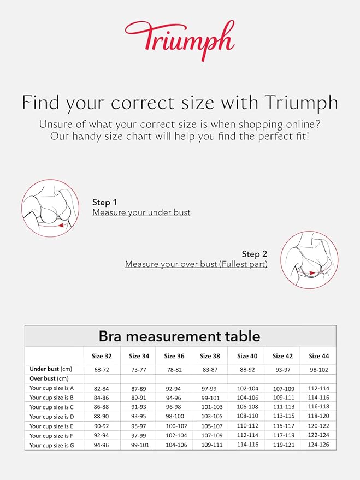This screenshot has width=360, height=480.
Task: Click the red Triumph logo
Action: pos(179,39)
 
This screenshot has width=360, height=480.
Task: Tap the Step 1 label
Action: pos(105,202)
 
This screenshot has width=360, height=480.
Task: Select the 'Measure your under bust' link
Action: pos(141,212)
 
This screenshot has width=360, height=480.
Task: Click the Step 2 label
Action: pos(255,254)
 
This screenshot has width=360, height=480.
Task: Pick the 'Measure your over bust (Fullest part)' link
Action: pos(196,264)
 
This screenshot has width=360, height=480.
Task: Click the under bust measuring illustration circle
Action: pos(50,208)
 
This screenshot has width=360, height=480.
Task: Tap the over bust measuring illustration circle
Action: pos(309,260)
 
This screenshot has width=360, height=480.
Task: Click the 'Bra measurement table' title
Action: pos(179,336)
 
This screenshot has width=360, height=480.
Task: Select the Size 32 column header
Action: pos(102,356)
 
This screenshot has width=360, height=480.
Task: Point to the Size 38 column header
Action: pos(210,356)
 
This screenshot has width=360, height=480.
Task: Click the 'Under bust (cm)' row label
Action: pos(51,369)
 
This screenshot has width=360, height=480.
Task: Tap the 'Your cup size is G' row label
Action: pos(52,446)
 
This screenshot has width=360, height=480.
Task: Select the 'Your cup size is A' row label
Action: pos(52,388)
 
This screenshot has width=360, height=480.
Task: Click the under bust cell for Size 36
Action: pos(174,369)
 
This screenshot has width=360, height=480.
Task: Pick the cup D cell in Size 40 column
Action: pos(247,417)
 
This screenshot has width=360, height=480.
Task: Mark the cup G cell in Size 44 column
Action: pos(318,446)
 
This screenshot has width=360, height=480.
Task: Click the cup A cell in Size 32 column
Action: pos(102,388)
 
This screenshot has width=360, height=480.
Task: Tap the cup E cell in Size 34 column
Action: pos(139,426)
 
